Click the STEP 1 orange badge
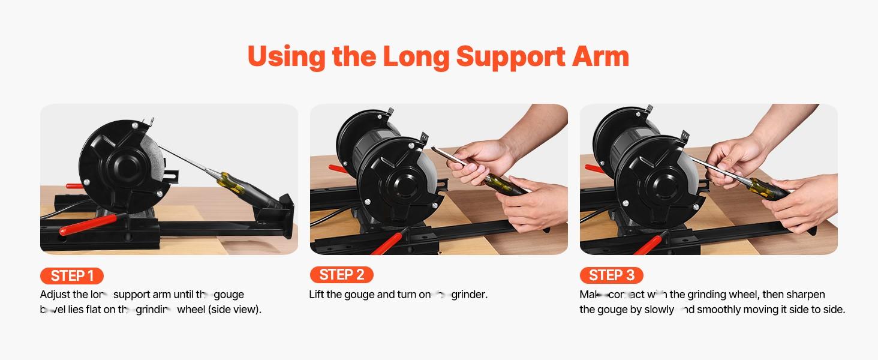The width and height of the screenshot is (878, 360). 71,275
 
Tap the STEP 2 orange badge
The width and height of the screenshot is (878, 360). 341,275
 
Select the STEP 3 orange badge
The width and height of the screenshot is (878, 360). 611,275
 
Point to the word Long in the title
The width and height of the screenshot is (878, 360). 416,56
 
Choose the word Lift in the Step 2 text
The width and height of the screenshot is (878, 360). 317,295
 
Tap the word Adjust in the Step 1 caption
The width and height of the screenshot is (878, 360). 55,295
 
